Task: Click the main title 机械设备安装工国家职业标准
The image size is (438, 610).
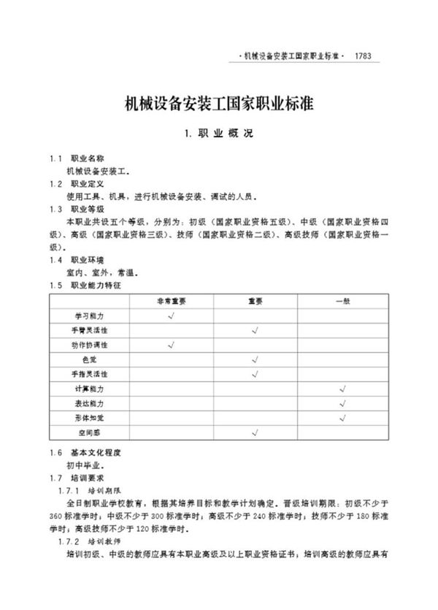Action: point(219,102)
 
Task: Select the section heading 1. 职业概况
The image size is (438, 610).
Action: point(219,134)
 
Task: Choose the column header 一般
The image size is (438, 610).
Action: point(342,301)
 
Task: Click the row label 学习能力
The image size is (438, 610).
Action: point(90,316)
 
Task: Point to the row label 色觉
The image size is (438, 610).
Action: point(90,359)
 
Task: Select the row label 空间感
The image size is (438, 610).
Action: point(90,432)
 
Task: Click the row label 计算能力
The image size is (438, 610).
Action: point(90,389)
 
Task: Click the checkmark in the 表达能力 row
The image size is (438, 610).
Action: point(342,403)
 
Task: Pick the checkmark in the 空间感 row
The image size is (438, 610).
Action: point(255,432)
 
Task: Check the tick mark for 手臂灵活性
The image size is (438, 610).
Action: point(255,330)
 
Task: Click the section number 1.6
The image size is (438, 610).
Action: point(55,453)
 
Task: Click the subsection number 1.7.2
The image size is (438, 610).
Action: point(69,541)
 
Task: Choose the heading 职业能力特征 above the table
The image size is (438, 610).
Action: point(96,284)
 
